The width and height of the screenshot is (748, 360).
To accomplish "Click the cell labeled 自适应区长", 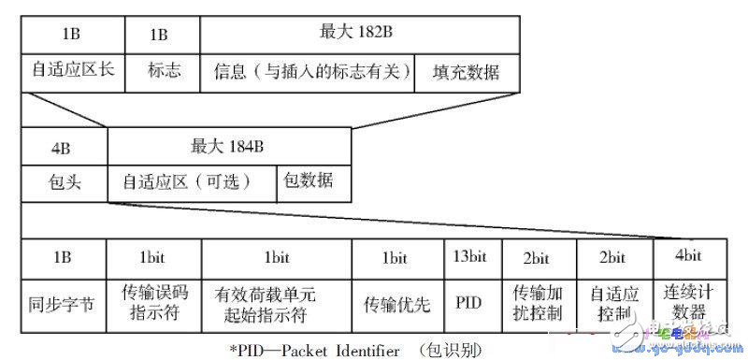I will (x=74, y=72).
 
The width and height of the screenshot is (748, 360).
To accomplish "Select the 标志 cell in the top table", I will (x=164, y=72).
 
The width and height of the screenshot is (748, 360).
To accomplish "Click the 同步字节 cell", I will (x=64, y=304).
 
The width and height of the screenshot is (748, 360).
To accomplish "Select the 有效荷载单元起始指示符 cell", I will (x=276, y=304).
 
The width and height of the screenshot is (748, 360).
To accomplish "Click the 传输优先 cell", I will (x=396, y=304).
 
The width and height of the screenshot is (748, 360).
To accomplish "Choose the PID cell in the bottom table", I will (x=471, y=304).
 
